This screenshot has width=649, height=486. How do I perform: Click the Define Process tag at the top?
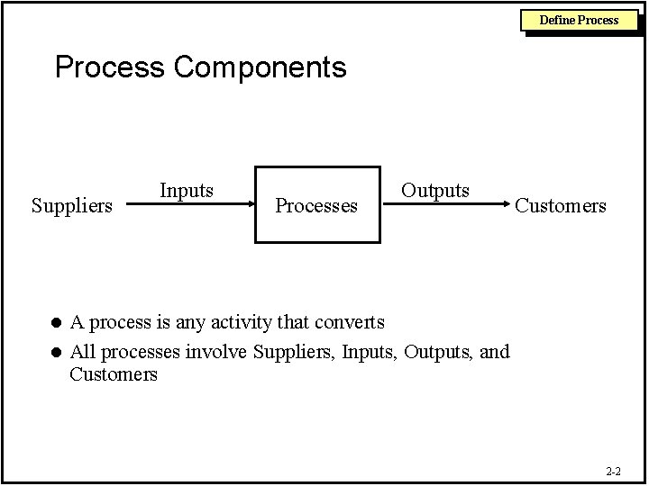579,19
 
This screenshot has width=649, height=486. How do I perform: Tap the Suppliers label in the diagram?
72,206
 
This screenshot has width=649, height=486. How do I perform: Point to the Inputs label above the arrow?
187,190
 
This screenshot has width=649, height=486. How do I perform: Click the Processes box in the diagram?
316,205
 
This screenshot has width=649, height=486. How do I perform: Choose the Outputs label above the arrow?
435,190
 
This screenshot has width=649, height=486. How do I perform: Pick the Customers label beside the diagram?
561,206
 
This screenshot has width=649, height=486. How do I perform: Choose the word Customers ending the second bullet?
114,373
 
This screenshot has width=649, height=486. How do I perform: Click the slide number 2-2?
613,471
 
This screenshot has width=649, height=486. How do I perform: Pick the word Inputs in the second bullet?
370,351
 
